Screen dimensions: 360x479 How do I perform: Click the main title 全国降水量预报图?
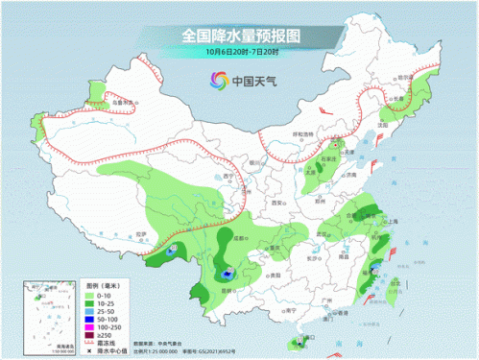click(x=239, y=36)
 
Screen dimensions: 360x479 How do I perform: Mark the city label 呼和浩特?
click(x=303, y=134)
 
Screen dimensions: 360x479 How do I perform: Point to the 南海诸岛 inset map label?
click(x=44, y=344)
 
